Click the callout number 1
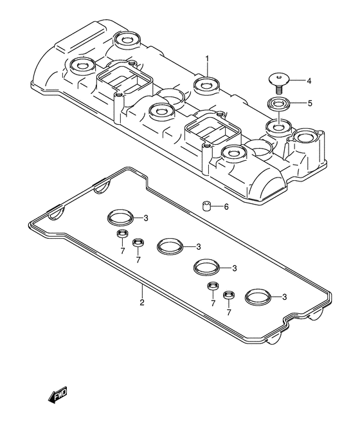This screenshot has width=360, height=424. click(207, 59)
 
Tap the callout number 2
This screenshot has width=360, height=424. click(142, 302)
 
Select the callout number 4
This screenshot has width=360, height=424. click(309, 80)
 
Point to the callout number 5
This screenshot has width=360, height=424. click(310, 103)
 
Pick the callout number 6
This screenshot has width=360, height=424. click(226, 207)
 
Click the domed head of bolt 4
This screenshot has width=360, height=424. click(279, 79)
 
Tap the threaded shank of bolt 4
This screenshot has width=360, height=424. click(279, 89)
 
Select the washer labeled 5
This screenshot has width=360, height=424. click(278, 104)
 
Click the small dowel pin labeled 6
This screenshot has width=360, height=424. click(207, 206)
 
